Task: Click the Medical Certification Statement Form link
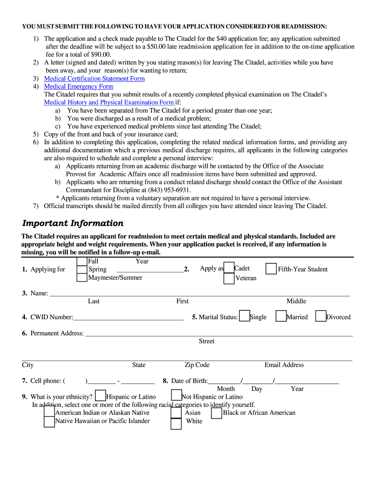click(x=94, y=78)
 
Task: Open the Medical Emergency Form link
click(x=78, y=86)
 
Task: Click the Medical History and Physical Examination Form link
click(x=109, y=102)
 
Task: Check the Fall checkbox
click(x=82, y=262)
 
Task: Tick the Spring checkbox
click(x=82, y=270)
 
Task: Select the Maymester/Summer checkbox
click(x=82, y=278)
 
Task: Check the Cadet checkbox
click(x=229, y=269)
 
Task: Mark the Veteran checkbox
click(x=229, y=279)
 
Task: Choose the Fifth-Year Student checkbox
click(x=271, y=269)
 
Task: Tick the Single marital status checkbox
click(x=245, y=316)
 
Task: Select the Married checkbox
click(x=281, y=316)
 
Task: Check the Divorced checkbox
click(x=320, y=316)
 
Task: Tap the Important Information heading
click(x=73, y=223)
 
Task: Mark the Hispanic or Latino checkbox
click(x=101, y=396)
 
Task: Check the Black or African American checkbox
click(x=217, y=413)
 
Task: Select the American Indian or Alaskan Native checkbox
click(x=49, y=412)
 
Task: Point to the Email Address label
click(x=284, y=365)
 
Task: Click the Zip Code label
click(x=197, y=365)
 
